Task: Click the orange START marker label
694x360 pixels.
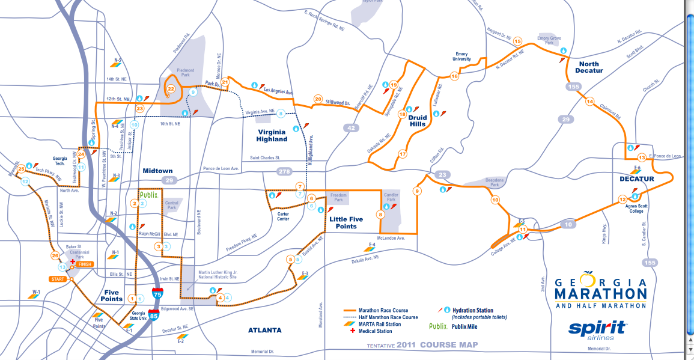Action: (58, 279)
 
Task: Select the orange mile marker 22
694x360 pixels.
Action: (171, 89)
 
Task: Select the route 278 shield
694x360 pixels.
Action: (286, 172)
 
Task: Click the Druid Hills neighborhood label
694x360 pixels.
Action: (417, 120)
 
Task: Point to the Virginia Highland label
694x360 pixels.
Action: (272, 135)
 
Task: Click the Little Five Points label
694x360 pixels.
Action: (346, 223)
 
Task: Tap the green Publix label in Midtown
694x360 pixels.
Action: (148, 195)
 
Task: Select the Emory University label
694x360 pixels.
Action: (461, 57)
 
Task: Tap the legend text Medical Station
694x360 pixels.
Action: (376, 331)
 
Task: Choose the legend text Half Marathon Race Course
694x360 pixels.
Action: (389, 317)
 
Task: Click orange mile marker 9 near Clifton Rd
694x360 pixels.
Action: (417, 191)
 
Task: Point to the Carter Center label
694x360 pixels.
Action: (283, 216)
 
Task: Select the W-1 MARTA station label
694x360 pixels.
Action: (37, 293)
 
